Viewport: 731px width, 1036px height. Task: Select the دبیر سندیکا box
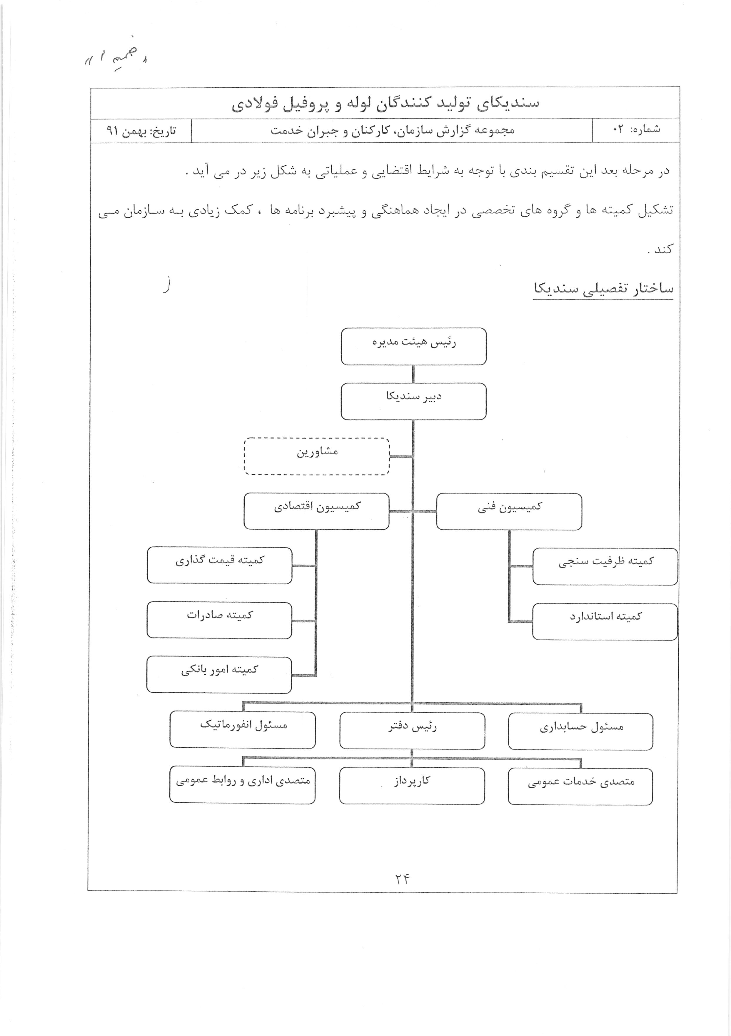tap(413, 401)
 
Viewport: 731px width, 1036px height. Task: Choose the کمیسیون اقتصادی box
tap(317, 511)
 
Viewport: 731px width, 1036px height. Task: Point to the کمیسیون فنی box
tap(509, 511)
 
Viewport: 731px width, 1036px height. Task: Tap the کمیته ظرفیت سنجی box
tap(605, 566)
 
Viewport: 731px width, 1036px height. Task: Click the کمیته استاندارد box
tap(605, 621)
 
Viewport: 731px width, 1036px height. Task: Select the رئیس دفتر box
tap(412, 731)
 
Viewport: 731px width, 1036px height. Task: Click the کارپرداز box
tap(412, 786)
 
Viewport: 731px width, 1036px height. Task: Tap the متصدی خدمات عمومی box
tap(580, 786)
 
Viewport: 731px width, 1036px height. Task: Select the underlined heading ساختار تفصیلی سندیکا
tap(603, 289)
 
